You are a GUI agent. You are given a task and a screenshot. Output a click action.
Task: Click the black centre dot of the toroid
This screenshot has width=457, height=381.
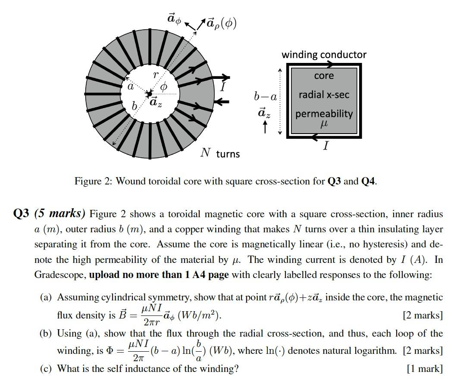[x=149, y=94]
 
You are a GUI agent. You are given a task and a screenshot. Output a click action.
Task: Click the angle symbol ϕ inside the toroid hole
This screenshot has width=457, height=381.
[x=163, y=87]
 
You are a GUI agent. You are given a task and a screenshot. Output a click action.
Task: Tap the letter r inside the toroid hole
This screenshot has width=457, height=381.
[x=156, y=75]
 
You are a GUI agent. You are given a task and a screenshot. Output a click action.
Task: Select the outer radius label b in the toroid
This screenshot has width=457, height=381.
[x=135, y=106]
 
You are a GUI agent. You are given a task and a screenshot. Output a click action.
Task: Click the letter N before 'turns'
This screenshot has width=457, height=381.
[x=206, y=153]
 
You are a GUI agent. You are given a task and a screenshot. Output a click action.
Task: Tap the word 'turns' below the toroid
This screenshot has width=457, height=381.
[x=228, y=154]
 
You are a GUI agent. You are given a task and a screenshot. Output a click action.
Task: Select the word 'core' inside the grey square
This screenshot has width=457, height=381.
[x=324, y=76]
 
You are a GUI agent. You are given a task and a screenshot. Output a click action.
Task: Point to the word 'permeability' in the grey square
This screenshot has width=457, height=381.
[x=324, y=114]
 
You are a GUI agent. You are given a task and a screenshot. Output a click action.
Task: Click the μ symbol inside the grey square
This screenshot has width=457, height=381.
[x=324, y=124]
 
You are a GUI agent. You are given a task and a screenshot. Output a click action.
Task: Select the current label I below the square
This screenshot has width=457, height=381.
[x=326, y=146]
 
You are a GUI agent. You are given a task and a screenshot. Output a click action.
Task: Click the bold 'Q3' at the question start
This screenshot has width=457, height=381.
[x=22, y=214]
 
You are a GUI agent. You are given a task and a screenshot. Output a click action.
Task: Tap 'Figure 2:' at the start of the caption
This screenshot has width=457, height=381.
[x=93, y=181]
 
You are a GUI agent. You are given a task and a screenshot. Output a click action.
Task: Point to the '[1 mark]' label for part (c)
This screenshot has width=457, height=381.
[x=425, y=369]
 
